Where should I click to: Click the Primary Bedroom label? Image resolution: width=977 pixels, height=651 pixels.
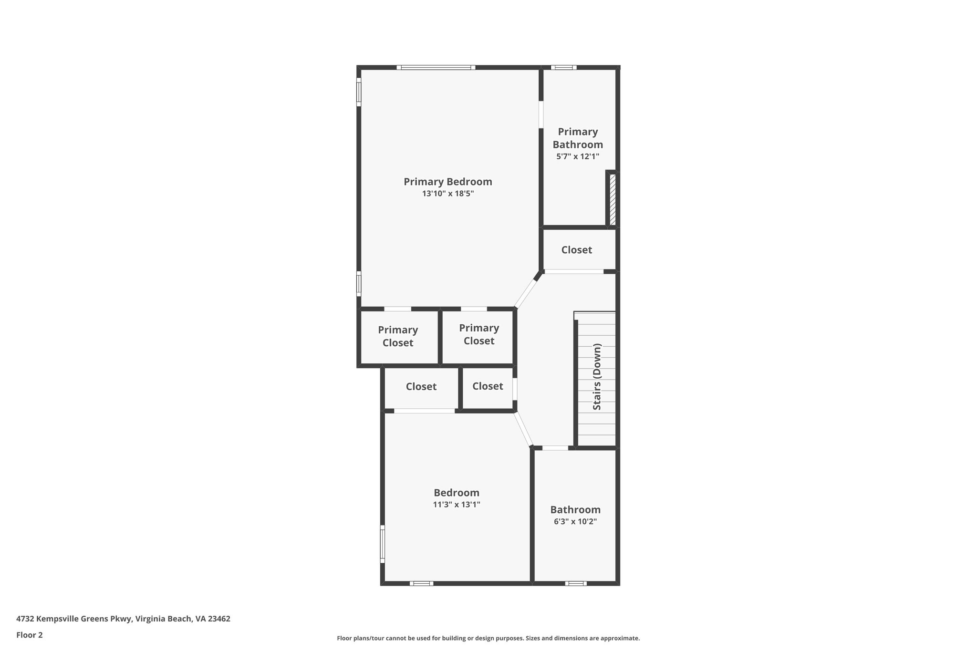(x=447, y=182)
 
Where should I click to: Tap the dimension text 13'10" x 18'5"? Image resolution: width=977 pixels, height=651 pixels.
(x=447, y=194)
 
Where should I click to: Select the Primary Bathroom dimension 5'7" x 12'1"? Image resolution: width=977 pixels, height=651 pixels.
(x=577, y=156)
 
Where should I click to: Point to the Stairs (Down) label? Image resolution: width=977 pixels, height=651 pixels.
(x=597, y=377)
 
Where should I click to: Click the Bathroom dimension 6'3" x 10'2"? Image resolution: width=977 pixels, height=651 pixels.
(x=575, y=522)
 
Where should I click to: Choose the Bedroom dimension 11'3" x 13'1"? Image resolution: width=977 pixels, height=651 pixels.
(x=456, y=505)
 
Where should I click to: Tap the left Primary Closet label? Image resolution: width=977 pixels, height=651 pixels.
(x=398, y=336)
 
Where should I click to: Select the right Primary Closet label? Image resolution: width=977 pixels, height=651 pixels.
(x=478, y=334)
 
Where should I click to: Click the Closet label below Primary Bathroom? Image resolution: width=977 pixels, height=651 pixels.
(x=576, y=250)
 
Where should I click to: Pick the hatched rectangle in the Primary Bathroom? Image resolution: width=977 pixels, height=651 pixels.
(x=613, y=199)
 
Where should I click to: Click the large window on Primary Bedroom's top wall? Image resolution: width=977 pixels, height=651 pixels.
(x=436, y=67)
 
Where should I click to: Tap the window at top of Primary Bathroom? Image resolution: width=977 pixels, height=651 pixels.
(x=563, y=67)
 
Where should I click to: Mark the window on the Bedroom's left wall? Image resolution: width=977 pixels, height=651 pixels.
(x=382, y=544)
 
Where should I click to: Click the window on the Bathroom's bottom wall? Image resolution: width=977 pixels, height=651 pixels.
(x=575, y=583)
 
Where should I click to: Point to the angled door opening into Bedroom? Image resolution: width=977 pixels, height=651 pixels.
(x=523, y=429)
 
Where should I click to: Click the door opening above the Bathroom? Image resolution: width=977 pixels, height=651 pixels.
(x=555, y=448)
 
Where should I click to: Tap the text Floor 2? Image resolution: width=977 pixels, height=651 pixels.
(x=30, y=635)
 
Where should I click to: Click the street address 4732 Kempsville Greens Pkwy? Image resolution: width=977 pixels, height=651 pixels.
(x=123, y=619)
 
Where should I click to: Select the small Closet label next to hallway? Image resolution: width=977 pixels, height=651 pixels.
(x=488, y=386)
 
